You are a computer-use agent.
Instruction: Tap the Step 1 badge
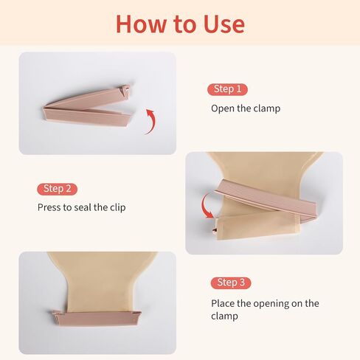227,89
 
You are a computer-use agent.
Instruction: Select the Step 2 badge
58,188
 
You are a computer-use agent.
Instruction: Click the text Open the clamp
246,108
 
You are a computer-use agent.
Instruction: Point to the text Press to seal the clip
81,207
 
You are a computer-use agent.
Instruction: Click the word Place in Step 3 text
225,303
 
